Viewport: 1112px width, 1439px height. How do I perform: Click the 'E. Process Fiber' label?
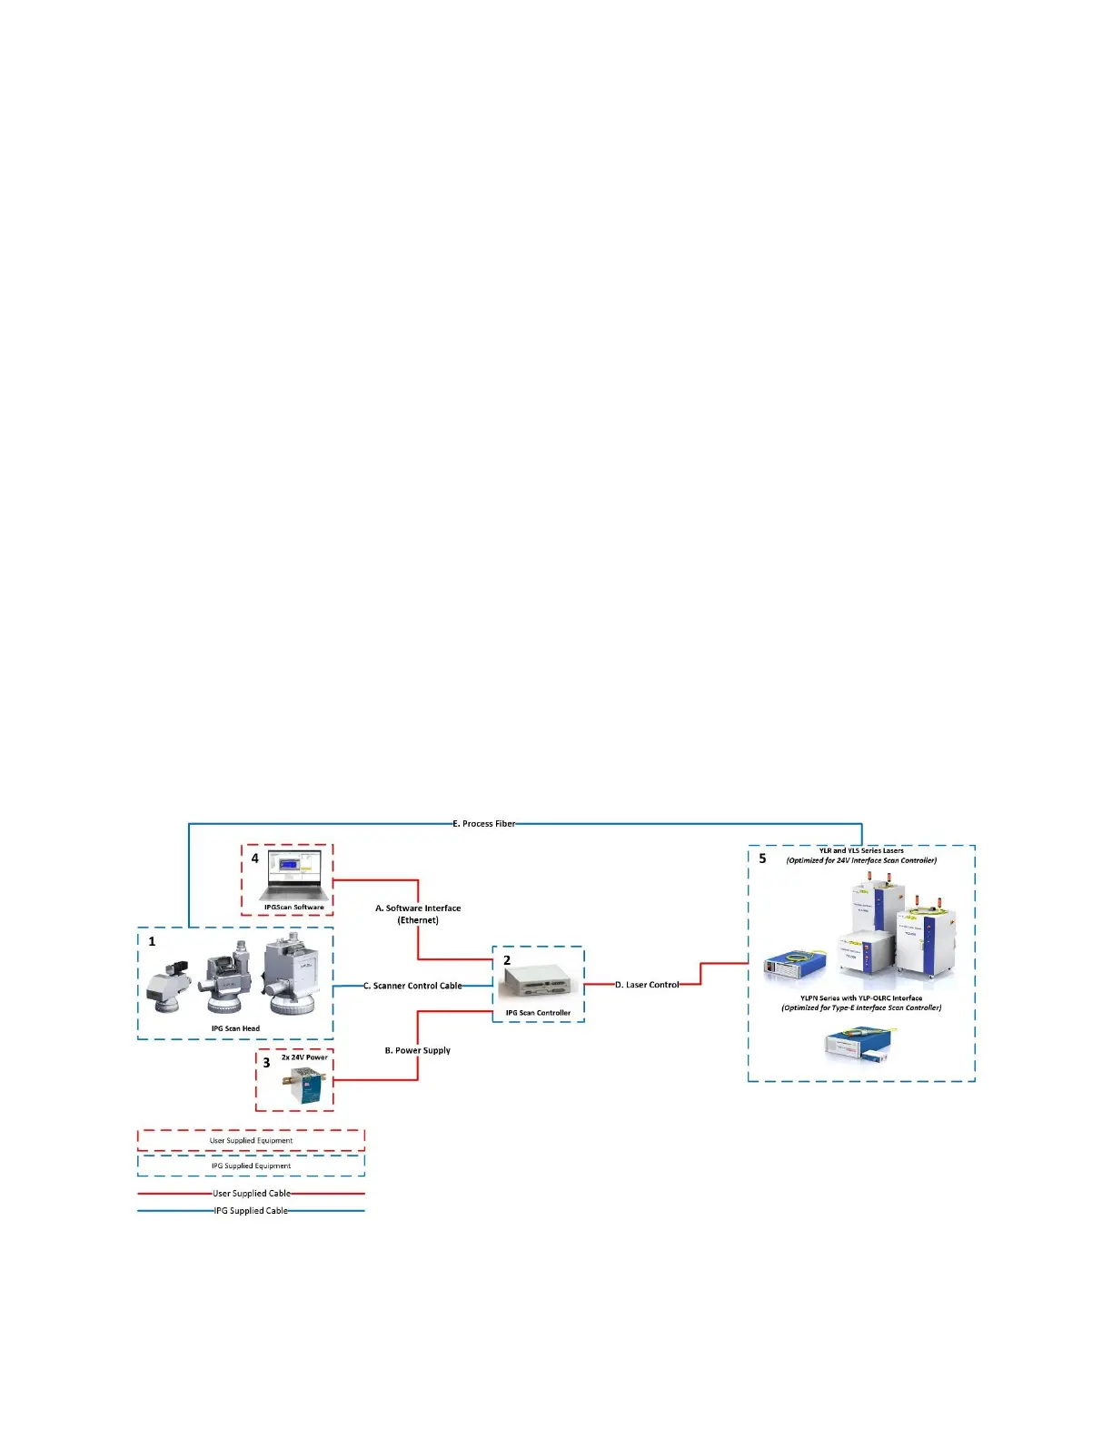[x=483, y=824]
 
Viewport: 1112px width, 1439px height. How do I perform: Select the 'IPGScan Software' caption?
[x=293, y=907]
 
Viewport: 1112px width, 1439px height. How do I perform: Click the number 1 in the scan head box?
[x=152, y=941]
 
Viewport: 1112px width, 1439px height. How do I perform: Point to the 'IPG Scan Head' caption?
[x=235, y=1028]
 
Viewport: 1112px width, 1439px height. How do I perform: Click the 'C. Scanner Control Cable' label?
[x=412, y=986]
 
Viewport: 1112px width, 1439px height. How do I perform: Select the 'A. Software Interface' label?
[x=418, y=908]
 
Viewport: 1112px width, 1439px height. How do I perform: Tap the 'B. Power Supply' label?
[x=417, y=1050]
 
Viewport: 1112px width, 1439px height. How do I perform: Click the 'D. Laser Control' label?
[x=647, y=985]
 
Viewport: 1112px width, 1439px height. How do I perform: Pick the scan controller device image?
[x=538, y=983]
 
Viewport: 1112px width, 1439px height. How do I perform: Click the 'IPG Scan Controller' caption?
[x=538, y=1013]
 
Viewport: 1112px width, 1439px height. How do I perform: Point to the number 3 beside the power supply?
[x=266, y=1063]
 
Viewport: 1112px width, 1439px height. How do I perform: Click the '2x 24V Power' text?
[x=304, y=1057]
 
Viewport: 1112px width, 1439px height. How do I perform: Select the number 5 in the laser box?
[x=762, y=858]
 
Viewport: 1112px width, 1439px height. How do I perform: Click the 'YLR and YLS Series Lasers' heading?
[x=861, y=851]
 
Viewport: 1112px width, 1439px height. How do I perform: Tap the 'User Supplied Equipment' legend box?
[x=251, y=1140]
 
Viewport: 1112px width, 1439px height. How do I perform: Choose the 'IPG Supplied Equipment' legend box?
[x=251, y=1166]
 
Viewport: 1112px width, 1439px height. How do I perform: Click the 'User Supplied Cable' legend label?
[x=252, y=1194]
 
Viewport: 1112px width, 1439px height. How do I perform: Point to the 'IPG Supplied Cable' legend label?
[x=251, y=1211]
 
